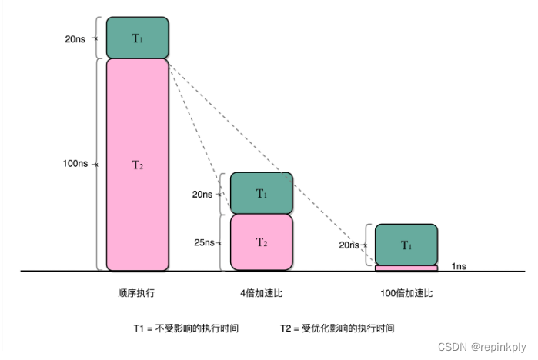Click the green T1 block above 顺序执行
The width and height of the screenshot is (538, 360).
click(x=137, y=38)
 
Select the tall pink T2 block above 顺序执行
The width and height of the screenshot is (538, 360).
click(x=137, y=165)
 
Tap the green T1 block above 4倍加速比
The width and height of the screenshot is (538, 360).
click(x=262, y=193)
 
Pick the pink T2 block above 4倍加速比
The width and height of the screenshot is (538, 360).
click(x=262, y=242)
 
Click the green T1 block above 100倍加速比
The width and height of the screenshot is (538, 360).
click(x=406, y=245)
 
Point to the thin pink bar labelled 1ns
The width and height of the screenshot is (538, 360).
click(x=406, y=268)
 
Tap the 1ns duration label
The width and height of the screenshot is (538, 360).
click(x=459, y=265)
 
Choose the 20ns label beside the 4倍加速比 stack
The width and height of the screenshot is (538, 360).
click(x=202, y=194)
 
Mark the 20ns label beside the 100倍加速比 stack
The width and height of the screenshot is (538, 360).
click(x=349, y=245)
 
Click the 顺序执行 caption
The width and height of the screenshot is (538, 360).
click(x=136, y=293)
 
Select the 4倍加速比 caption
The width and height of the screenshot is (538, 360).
click(x=261, y=293)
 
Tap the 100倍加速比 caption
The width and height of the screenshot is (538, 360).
click(x=406, y=293)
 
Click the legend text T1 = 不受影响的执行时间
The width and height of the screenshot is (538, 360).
click(x=185, y=328)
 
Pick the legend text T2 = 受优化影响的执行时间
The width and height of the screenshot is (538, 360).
click(x=337, y=328)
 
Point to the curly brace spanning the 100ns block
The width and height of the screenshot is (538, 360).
click(x=99, y=165)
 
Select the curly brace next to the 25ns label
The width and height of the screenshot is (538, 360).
click(x=222, y=242)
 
